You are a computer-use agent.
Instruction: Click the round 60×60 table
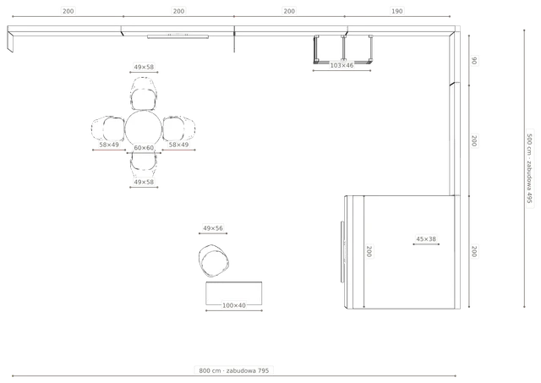tap(143, 129)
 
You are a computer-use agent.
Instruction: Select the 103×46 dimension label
tap(342, 65)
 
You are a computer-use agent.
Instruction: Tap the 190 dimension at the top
tap(396, 11)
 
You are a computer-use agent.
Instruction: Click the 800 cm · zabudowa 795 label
tap(233, 370)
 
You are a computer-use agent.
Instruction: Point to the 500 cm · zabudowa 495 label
tap(530, 168)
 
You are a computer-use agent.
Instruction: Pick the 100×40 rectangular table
tap(233, 293)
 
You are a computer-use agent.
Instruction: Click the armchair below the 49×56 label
tap(213, 261)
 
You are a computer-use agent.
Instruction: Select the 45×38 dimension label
tap(426, 238)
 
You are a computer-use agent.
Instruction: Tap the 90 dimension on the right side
tap(474, 60)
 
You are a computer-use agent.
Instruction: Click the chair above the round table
tap(144, 94)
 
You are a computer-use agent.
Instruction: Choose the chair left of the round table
tap(108, 129)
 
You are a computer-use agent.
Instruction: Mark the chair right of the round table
tap(178, 129)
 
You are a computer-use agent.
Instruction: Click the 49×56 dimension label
tap(213, 228)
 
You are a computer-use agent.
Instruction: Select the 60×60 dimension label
tap(144, 148)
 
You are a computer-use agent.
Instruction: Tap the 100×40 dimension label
tap(234, 305)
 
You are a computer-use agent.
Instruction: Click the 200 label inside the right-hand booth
tap(369, 251)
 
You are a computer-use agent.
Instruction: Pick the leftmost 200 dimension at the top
tap(68, 11)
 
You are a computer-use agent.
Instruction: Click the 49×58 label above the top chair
tap(144, 67)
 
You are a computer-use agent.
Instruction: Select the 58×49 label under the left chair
tap(109, 145)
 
